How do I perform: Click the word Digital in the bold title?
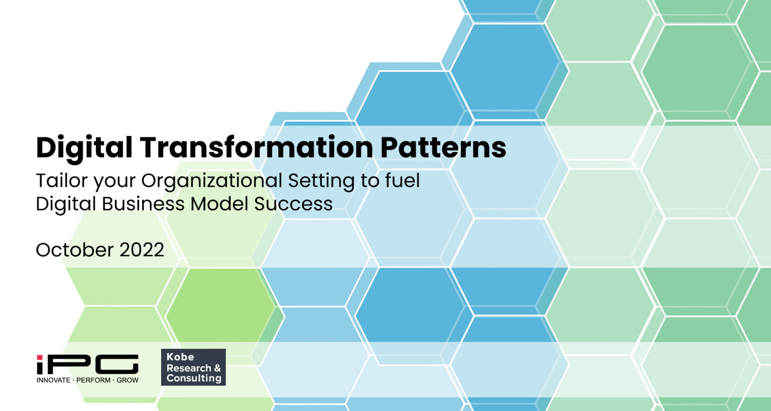84,148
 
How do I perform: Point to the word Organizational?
212,181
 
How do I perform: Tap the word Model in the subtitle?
219,203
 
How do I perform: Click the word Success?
293,203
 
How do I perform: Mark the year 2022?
142,250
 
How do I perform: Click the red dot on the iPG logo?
40,357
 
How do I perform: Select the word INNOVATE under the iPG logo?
54,380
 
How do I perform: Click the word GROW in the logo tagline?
127,380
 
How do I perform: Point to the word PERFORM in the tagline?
93,380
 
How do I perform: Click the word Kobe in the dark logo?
180,357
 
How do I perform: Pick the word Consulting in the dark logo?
194,378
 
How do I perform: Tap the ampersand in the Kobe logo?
217,368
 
